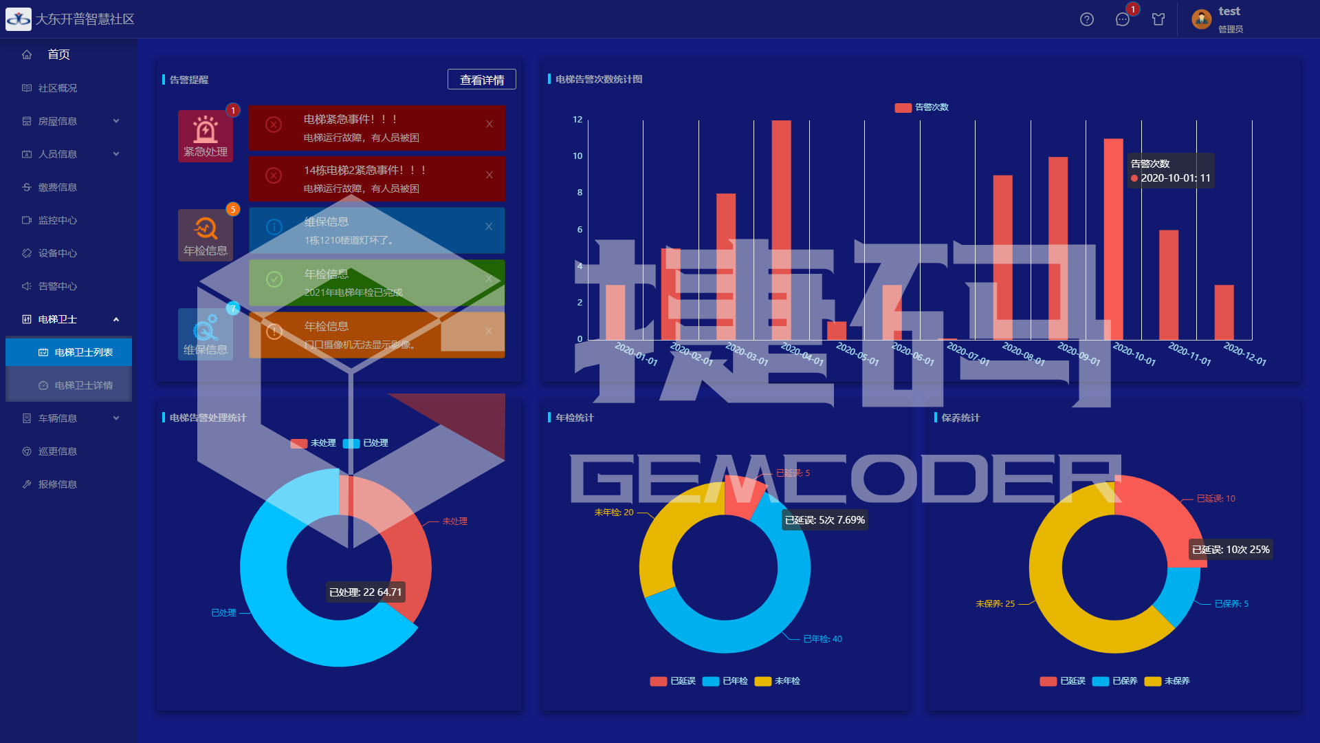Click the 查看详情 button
coord(481,80)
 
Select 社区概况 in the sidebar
coord(58,88)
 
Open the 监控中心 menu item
coord(58,220)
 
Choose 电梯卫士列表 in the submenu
coord(83,352)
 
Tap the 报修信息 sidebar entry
coord(58,484)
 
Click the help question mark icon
coord(1086,19)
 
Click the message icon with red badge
coord(1122,19)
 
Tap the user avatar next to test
coord(1201,19)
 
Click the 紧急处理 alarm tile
coord(205,136)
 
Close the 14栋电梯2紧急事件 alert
coord(489,175)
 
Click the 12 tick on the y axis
coord(577,120)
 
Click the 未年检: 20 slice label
coord(613,513)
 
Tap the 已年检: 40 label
coord(822,639)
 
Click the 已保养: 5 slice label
coord(1231,604)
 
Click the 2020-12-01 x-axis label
coord(1244,354)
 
